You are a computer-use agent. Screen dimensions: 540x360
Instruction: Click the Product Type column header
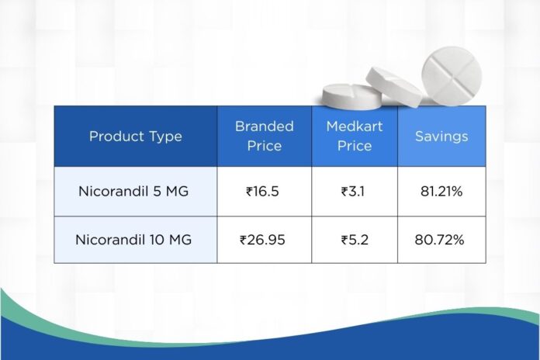pyautogui.click(x=135, y=137)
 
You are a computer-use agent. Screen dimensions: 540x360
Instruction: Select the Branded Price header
pyautogui.click(x=265, y=136)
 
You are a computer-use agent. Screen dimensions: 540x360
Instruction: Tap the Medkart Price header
pyautogui.click(x=355, y=136)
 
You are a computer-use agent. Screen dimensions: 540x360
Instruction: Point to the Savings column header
pyautogui.click(x=441, y=137)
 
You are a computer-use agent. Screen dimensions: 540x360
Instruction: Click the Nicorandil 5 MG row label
pyautogui.click(x=133, y=191)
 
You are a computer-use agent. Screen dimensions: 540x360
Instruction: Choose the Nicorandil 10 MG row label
pyautogui.click(x=133, y=240)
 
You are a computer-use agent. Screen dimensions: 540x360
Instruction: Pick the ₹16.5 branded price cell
pyautogui.click(x=262, y=191)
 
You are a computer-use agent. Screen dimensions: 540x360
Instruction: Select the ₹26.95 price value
pyautogui.click(x=262, y=240)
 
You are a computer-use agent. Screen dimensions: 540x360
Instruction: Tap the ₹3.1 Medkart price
pyautogui.click(x=353, y=191)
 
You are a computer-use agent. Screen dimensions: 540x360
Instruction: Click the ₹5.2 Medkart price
pyautogui.click(x=355, y=240)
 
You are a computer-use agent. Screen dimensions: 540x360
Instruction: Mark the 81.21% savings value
pyautogui.click(x=441, y=191)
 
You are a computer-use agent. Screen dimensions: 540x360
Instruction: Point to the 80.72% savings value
pyautogui.click(x=439, y=240)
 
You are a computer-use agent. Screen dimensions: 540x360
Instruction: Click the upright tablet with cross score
pyautogui.click(x=452, y=76)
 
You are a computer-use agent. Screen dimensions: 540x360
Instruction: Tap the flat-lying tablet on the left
pyautogui.click(x=352, y=96)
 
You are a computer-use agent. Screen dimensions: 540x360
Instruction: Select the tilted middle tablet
pyautogui.click(x=394, y=86)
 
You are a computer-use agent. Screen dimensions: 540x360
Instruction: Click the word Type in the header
pyautogui.click(x=165, y=137)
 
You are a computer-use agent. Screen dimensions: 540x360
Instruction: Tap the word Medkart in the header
pyautogui.click(x=355, y=126)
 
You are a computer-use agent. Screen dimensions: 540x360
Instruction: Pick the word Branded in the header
pyautogui.click(x=265, y=126)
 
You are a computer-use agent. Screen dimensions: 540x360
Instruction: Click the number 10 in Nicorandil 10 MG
pyautogui.click(x=157, y=240)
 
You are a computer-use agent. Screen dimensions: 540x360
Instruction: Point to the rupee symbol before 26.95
pyautogui.click(x=243, y=240)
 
